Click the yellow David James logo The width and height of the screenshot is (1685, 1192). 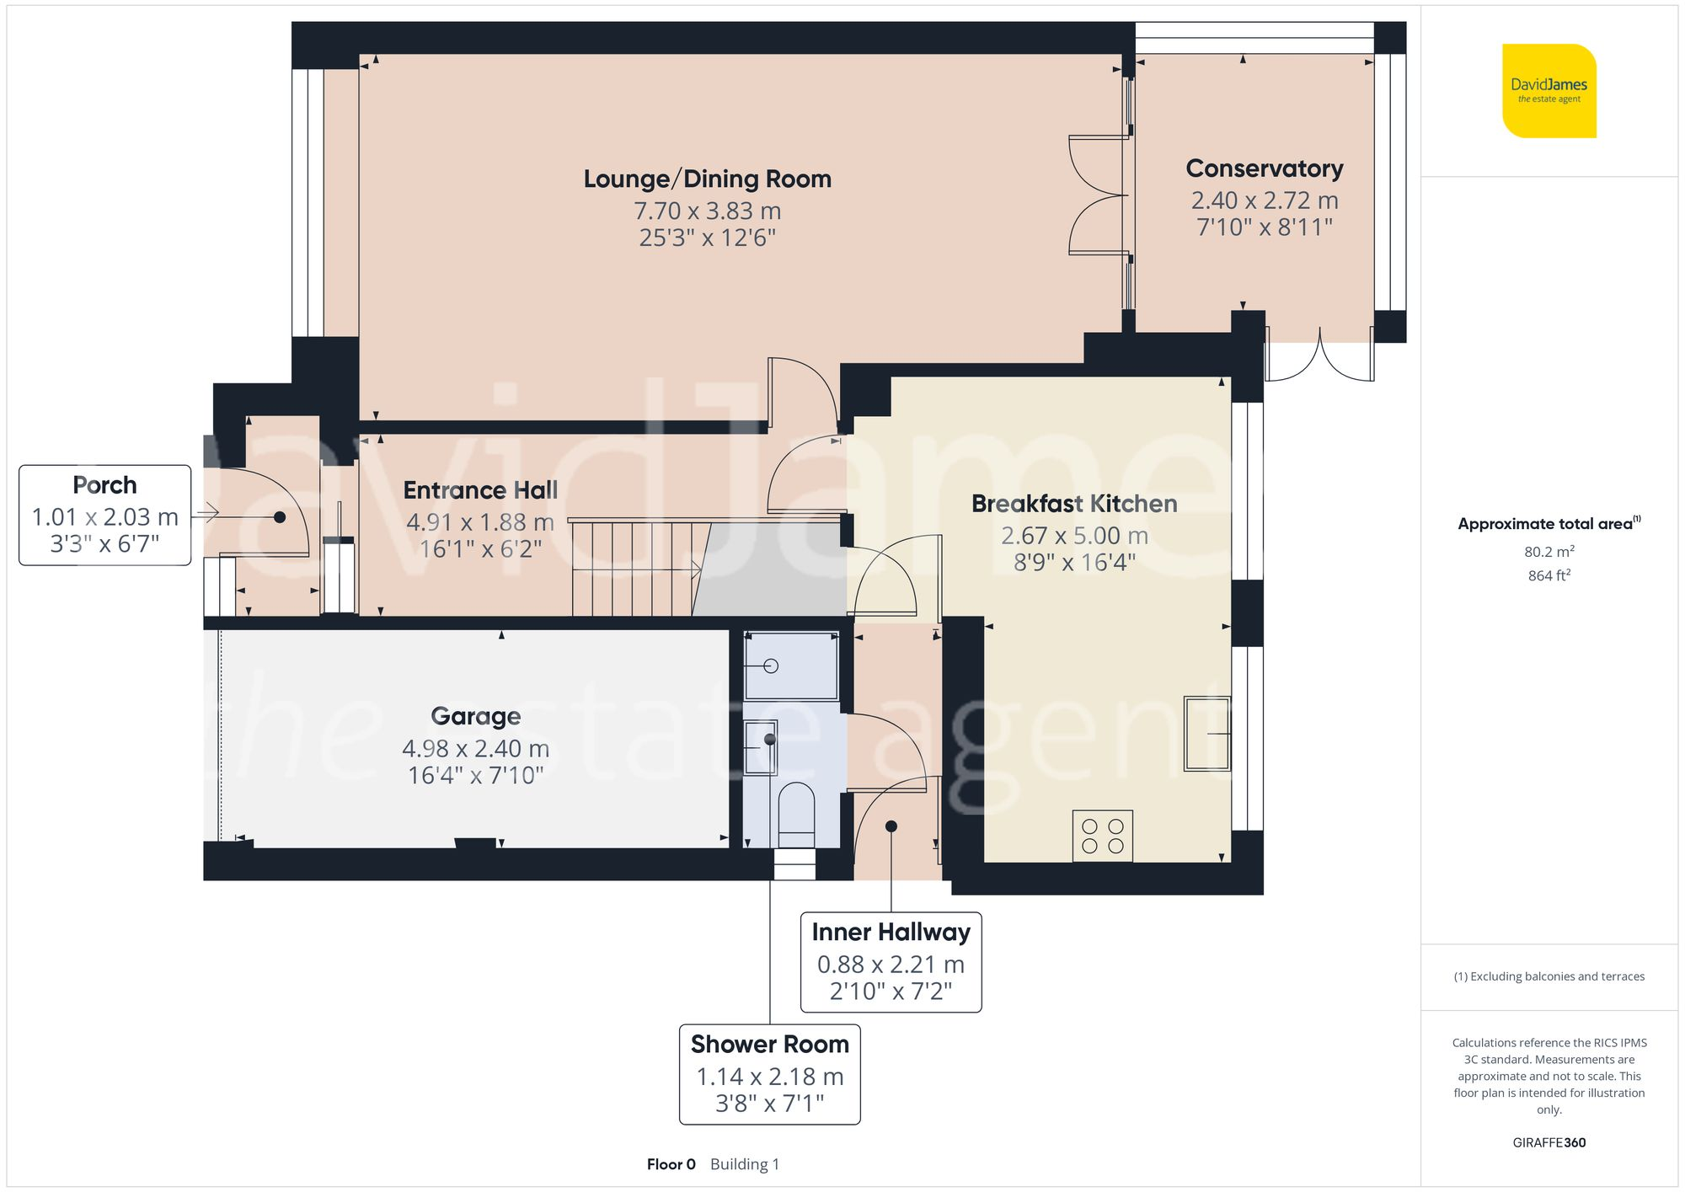(1549, 91)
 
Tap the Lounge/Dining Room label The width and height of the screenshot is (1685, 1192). (707, 179)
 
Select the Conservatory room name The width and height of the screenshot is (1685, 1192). (1264, 168)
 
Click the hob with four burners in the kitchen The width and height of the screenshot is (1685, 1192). (1102, 836)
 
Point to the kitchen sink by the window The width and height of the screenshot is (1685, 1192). (1206, 733)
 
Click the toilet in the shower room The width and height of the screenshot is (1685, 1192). (795, 813)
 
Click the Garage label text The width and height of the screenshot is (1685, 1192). (475, 716)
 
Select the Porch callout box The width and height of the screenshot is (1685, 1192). (104, 515)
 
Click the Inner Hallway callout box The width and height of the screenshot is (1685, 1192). (891, 961)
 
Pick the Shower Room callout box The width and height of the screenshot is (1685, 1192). (769, 1073)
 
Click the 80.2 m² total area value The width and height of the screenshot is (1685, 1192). (1549, 552)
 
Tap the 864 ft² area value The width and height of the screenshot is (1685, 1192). (1549, 575)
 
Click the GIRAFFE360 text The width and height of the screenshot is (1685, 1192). (1549, 1142)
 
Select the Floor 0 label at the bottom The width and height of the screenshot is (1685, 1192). (671, 1164)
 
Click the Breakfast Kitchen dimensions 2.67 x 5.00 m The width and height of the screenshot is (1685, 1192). (1074, 536)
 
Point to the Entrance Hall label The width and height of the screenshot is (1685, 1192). (480, 490)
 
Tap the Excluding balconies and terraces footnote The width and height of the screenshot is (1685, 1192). (1549, 976)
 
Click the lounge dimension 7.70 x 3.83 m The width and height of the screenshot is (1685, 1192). (707, 211)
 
